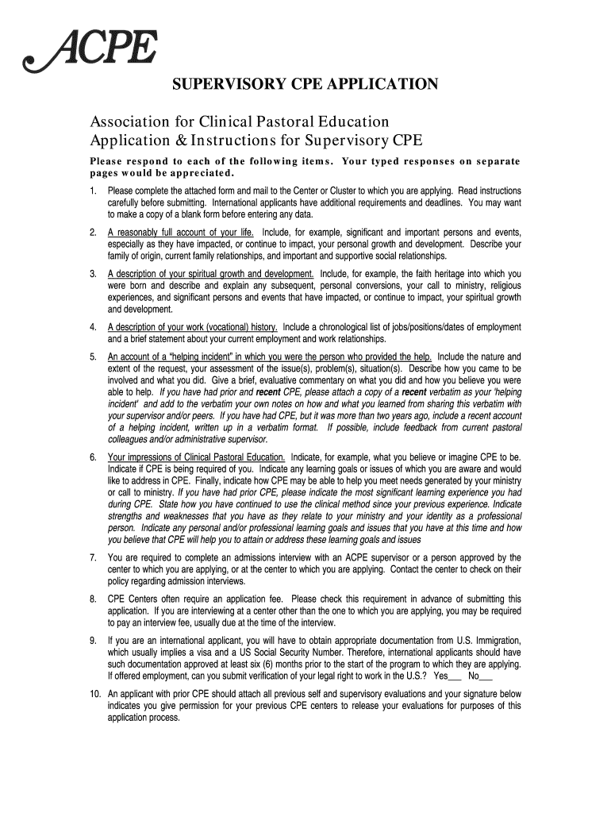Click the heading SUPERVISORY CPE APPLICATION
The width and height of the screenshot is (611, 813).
(305, 85)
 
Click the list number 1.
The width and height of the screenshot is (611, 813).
(93, 191)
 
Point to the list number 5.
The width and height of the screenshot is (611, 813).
(93, 356)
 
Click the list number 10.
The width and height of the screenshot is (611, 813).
(94, 694)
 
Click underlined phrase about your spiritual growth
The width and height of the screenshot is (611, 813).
(211, 274)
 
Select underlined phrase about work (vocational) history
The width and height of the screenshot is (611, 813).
(193, 327)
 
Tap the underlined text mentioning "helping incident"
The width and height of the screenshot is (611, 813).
(270, 356)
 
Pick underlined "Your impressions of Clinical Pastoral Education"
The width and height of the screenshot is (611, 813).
(197, 457)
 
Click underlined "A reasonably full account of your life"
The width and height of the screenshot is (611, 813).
(181, 233)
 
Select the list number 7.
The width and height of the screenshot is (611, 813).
(93, 557)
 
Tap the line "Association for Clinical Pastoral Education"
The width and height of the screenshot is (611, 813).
(239, 122)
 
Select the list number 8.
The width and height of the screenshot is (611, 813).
(93, 599)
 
